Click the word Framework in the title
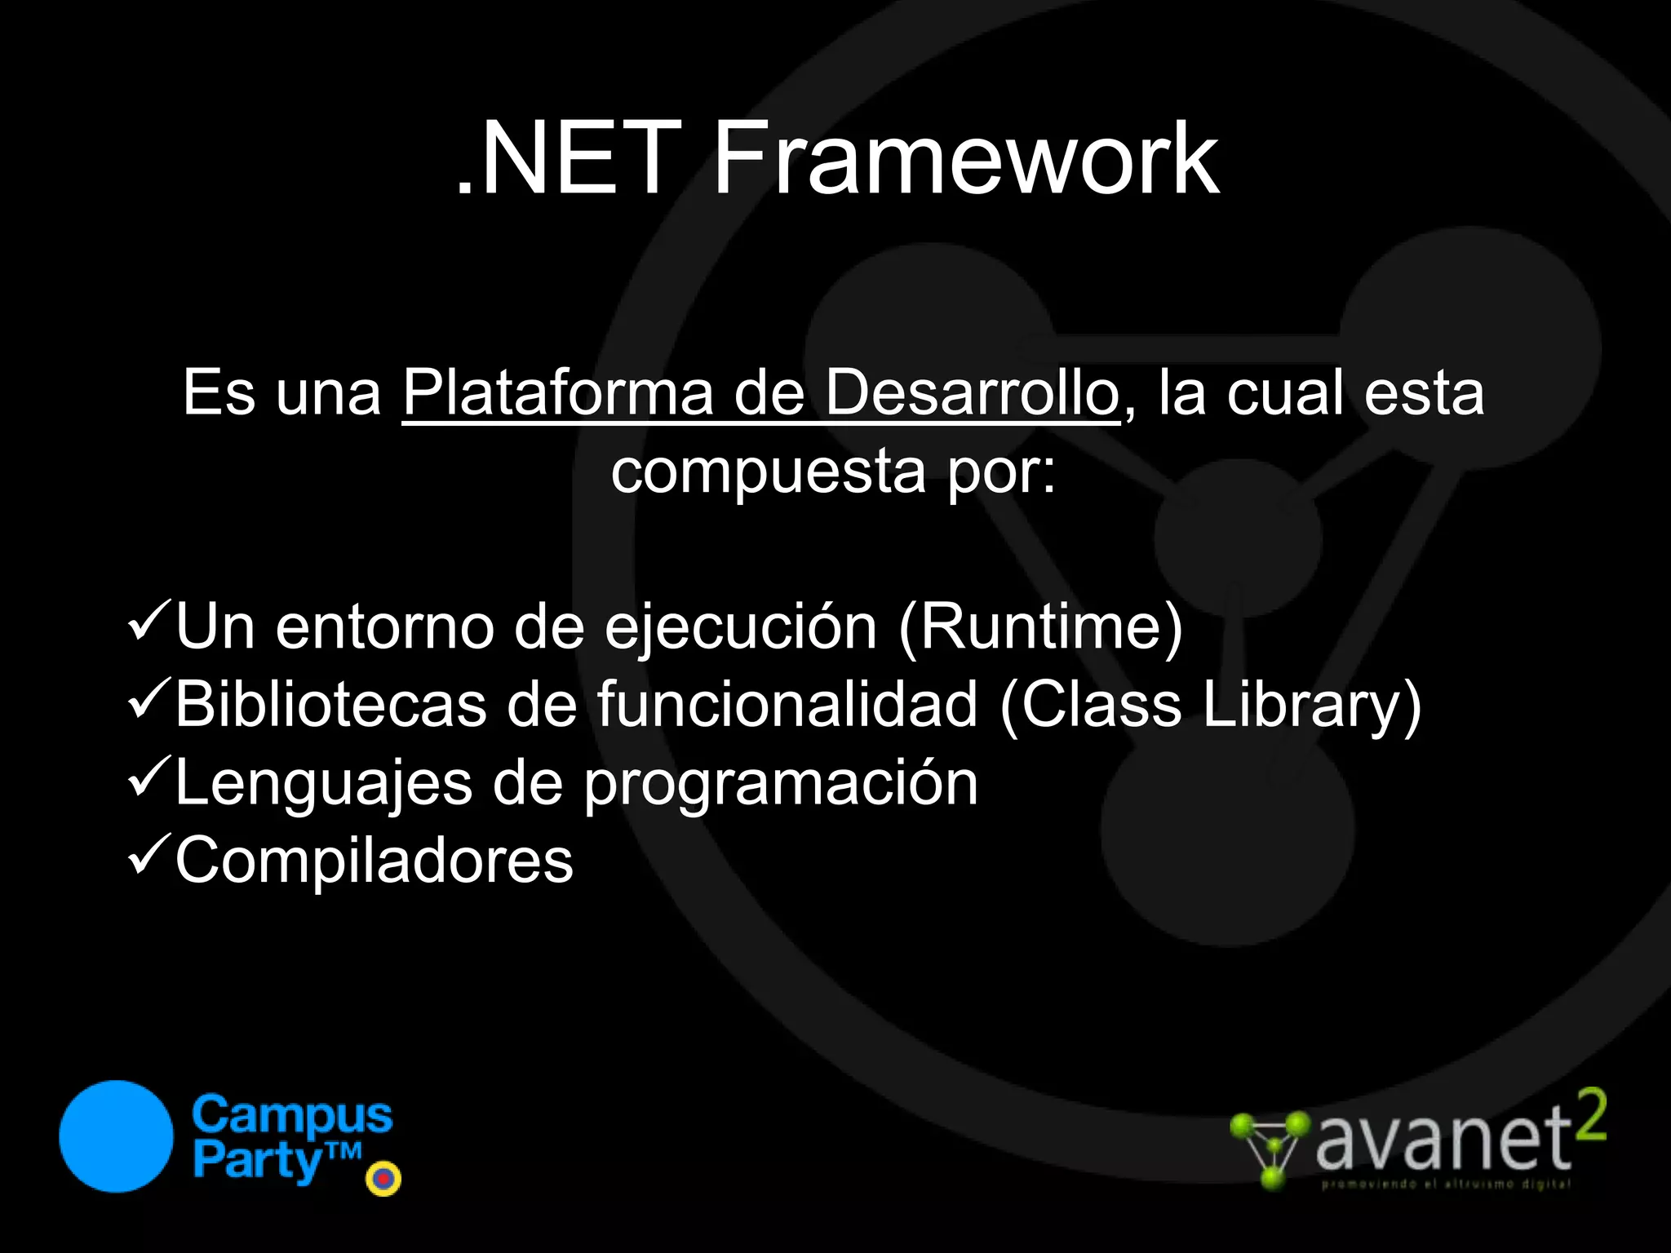click(x=966, y=158)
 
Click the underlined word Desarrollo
click(x=972, y=393)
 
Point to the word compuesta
click(x=768, y=472)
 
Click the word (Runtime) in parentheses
click(x=1040, y=626)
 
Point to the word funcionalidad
click(x=787, y=704)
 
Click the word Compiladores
click(x=375, y=860)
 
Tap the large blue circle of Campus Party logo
click(x=117, y=1136)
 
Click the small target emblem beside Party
click(x=383, y=1179)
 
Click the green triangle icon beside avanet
click(x=1270, y=1149)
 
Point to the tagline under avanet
click(x=1445, y=1184)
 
